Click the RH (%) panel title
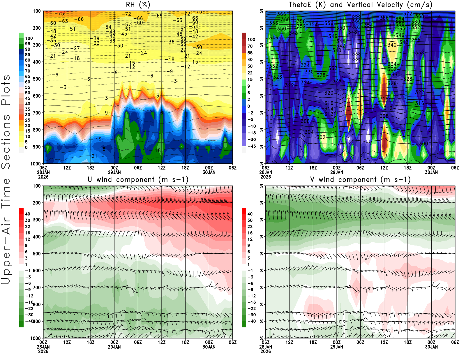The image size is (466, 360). [x=138, y=5]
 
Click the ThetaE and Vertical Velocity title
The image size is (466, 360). [x=360, y=5]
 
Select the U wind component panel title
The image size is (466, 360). [x=138, y=180]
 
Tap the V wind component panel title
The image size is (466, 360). [x=360, y=180]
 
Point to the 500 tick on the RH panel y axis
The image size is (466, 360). [x=37, y=79]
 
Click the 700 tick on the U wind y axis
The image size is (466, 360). [x=37, y=287]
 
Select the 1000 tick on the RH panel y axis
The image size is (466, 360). [x=36, y=164]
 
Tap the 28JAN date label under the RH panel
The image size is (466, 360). [x=43, y=172]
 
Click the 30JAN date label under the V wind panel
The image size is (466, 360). [x=431, y=347]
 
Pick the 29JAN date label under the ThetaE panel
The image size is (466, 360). [x=337, y=172]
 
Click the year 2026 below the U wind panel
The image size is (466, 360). [x=43, y=352]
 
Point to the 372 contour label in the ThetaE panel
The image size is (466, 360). [x=407, y=14]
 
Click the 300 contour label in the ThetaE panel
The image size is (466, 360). [x=423, y=144]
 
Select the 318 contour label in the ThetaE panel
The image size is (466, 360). [x=384, y=99]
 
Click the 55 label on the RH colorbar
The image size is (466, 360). [x=28, y=87]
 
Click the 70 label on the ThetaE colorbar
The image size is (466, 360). [x=250, y=46]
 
